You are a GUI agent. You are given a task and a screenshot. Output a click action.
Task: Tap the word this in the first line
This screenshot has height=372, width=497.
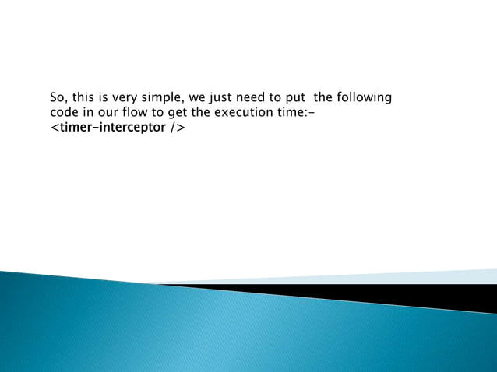tap(84, 98)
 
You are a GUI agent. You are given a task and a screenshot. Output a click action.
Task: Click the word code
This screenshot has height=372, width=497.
tap(63, 112)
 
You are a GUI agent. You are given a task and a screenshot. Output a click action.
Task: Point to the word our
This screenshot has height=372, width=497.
tap(105, 112)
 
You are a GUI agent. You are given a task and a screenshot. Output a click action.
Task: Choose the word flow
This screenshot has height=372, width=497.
tap(135, 112)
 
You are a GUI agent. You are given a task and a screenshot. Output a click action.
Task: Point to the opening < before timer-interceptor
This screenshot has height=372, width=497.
tap(55, 127)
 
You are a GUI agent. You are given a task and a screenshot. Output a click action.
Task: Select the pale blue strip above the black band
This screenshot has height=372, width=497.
tap(436, 275)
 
